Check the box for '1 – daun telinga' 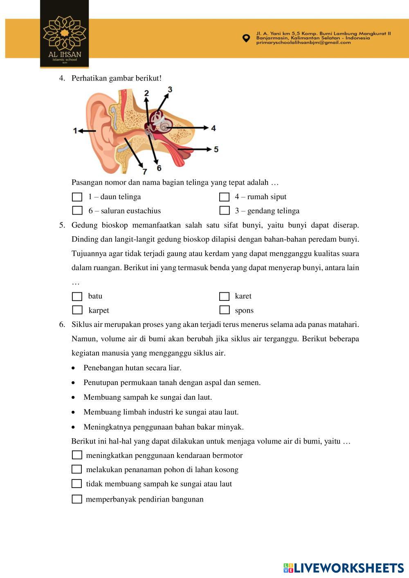pyautogui.click(x=77, y=197)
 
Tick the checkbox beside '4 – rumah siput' pyautogui.click(x=224, y=197)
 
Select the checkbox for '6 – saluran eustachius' pyautogui.click(x=77, y=211)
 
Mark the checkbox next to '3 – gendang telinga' pyautogui.click(x=224, y=211)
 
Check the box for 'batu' pyautogui.click(x=77, y=296)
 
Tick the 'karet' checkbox pyautogui.click(x=224, y=296)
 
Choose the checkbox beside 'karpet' pyautogui.click(x=77, y=310)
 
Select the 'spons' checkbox pyautogui.click(x=224, y=310)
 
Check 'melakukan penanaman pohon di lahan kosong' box pyautogui.click(x=77, y=469)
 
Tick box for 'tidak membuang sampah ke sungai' pyautogui.click(x=77, y=484)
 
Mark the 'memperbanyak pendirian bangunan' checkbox pyautogui.click(x=77, y=499)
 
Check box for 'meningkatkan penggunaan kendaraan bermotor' pyautogui.click(x=77, y=455)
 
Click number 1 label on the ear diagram pyautogui.click(x=75, y=131)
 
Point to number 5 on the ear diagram pyautogui.click(x=216, y=149)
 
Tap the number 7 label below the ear pyautogui.click(x=145, y=171)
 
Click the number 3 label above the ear pyautogui.click(x=170, y=90)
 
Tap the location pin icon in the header pyautogui.click(x=246, y=38)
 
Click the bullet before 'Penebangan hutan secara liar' pyautogui.click(x=73, y=368)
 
